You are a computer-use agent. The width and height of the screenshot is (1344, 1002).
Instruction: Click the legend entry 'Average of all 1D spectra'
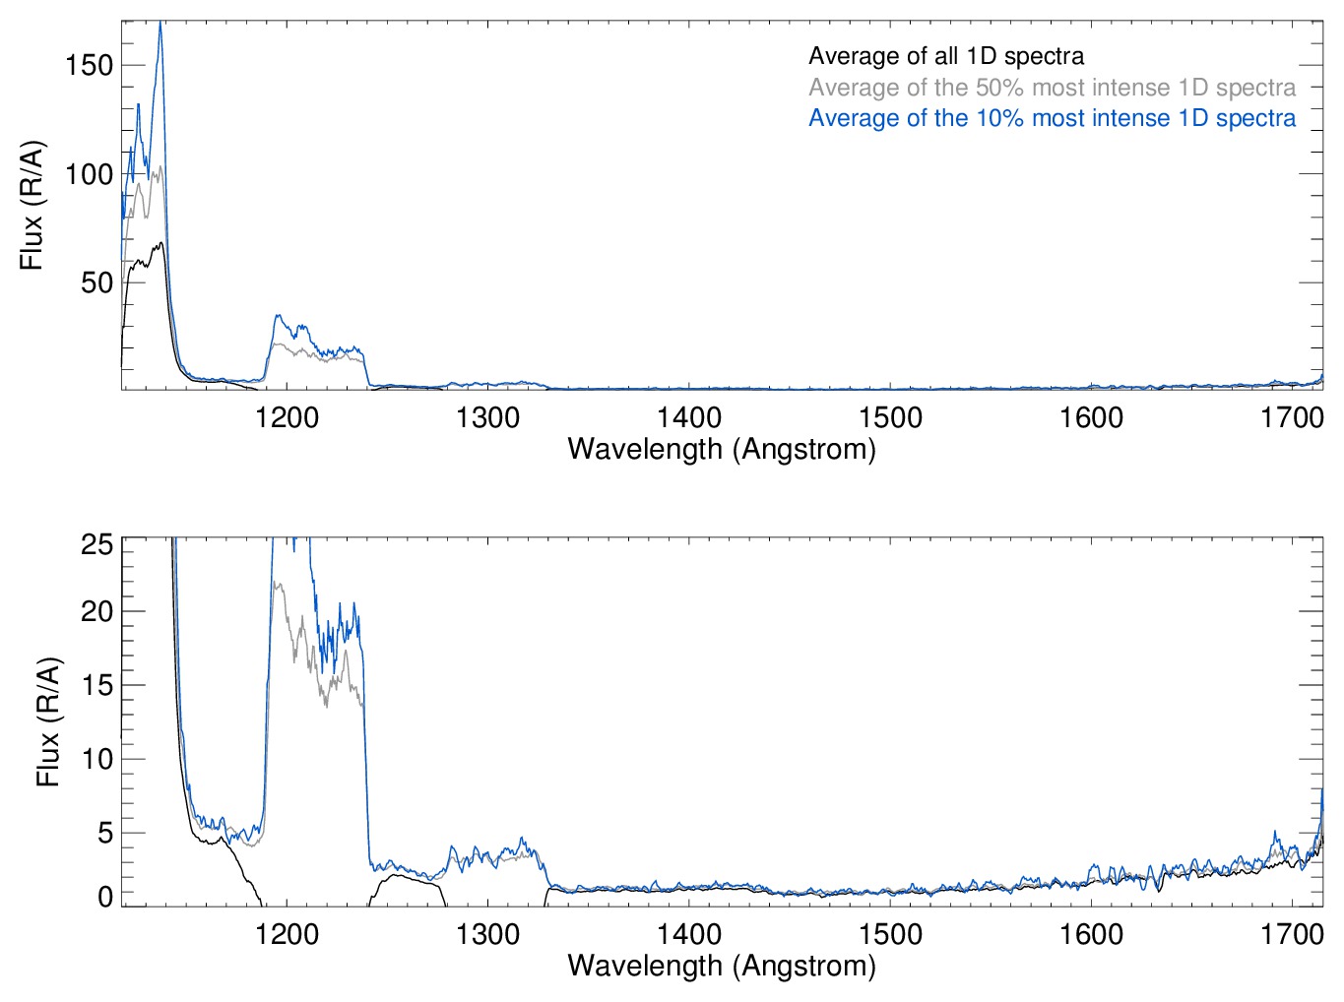click(x=945, y=56)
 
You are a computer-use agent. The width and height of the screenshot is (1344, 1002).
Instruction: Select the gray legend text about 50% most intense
click(x=1052, y=88)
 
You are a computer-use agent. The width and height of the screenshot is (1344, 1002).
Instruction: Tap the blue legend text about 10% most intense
click(x=1052, y=118)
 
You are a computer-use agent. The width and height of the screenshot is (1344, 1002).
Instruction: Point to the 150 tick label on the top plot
click(x=89, y=65)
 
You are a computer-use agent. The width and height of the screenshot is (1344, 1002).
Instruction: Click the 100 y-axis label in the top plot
click(x=89, y=174)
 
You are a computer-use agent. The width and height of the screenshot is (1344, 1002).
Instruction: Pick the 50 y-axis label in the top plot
click(x=96, y=282)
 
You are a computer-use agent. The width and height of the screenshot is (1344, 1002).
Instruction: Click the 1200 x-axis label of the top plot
click(x=287, y=417)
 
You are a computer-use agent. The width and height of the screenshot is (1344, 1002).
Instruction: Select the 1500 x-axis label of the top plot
click(x=890, y=417)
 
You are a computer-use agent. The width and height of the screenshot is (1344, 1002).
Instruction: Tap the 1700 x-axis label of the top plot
click(x=1292, y=417)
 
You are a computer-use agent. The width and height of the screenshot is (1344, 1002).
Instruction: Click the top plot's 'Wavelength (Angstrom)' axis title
click(x=722, y=449)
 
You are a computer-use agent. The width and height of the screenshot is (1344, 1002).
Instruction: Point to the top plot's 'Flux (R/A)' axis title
click(x=32, y=206)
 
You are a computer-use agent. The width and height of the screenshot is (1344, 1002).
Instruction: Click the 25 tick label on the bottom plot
click(x=96, y=544)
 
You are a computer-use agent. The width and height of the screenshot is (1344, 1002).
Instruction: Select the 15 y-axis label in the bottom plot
click(x=96, y=685)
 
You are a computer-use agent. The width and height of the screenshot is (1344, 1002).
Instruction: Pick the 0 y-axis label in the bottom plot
click(x=105, y=896)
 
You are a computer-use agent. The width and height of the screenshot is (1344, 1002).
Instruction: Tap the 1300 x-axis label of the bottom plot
click(x=487, y=933)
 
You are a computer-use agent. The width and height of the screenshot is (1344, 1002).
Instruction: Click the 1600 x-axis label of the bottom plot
click(x=1091, y=933)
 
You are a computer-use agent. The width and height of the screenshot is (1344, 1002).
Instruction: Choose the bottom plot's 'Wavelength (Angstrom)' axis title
click(x=722, y=966)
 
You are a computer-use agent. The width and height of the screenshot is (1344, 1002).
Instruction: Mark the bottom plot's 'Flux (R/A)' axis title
click(x=48, y=721)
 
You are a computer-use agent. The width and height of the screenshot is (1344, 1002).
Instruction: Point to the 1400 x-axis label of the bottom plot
click(x=689, y=933)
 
